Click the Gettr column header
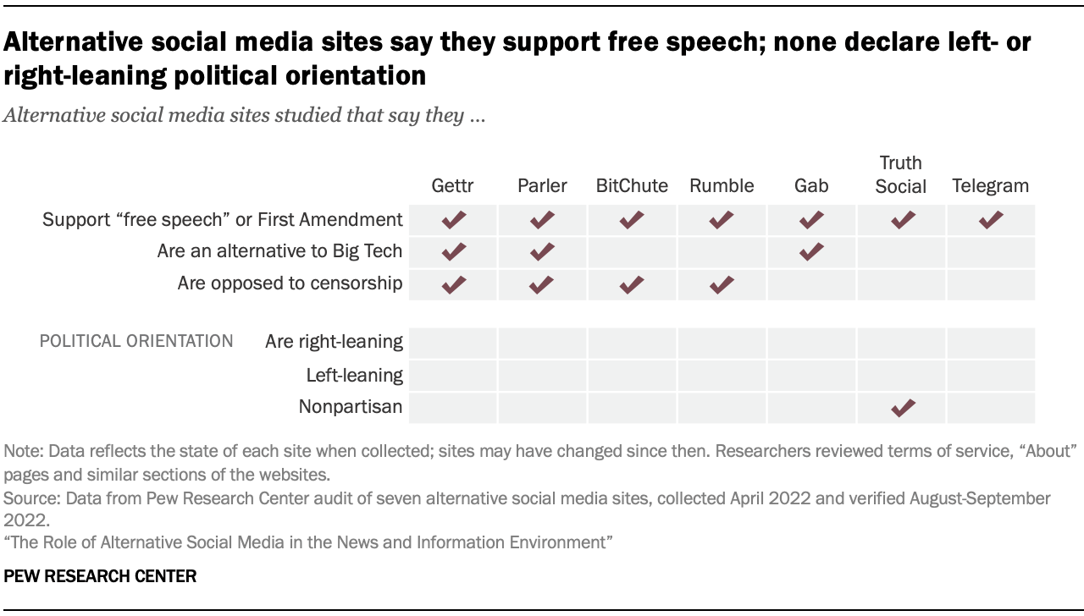[452, 185]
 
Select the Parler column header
[542, 185]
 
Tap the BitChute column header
[632, 185]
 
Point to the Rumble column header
[722, 185]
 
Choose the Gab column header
[811, 185]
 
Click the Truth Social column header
[901, 174]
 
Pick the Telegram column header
[991, 185]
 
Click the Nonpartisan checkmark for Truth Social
[903, 408]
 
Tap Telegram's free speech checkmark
[991, 220]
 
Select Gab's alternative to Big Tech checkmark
[811, 251]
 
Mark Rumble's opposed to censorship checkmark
[722, 284]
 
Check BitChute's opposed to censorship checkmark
[632, 284]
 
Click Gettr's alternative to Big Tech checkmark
[454, 251]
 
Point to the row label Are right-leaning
[334, 342]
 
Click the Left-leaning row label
[354, 375]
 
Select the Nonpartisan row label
[350, 407]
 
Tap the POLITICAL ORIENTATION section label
[136, 342]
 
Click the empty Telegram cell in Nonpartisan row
[991, 408]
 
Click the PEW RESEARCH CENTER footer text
[100, 577]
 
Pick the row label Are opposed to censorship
[290, 283]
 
